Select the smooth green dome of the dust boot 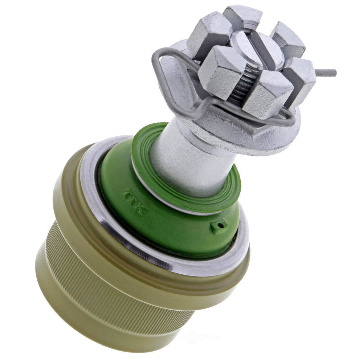pyautogui.click(x=174, y=225)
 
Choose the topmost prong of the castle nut pyautogui.click(x=242, y=16)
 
